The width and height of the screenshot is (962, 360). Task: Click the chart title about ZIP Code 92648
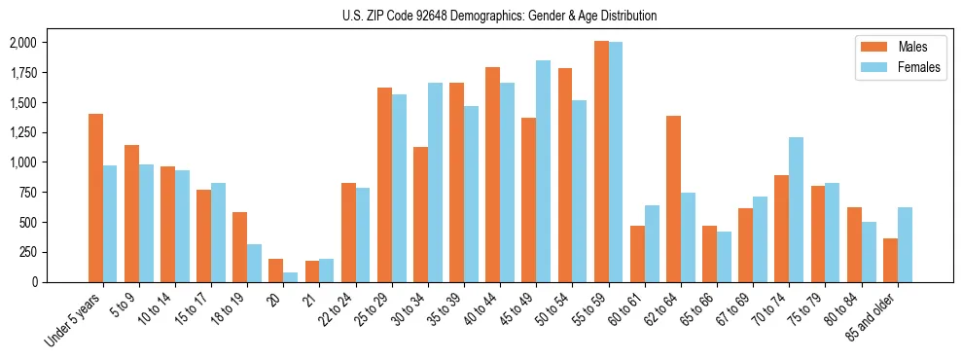500,16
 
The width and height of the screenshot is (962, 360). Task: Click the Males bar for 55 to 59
601,162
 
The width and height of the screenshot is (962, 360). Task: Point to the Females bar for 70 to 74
796,209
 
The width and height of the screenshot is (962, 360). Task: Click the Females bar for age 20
291,277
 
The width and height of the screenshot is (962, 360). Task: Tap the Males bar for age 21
312,271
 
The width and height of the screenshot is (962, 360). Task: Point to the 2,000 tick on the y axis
21,43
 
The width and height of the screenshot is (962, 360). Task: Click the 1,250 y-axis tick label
21,132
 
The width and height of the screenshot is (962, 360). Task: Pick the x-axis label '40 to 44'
481,311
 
